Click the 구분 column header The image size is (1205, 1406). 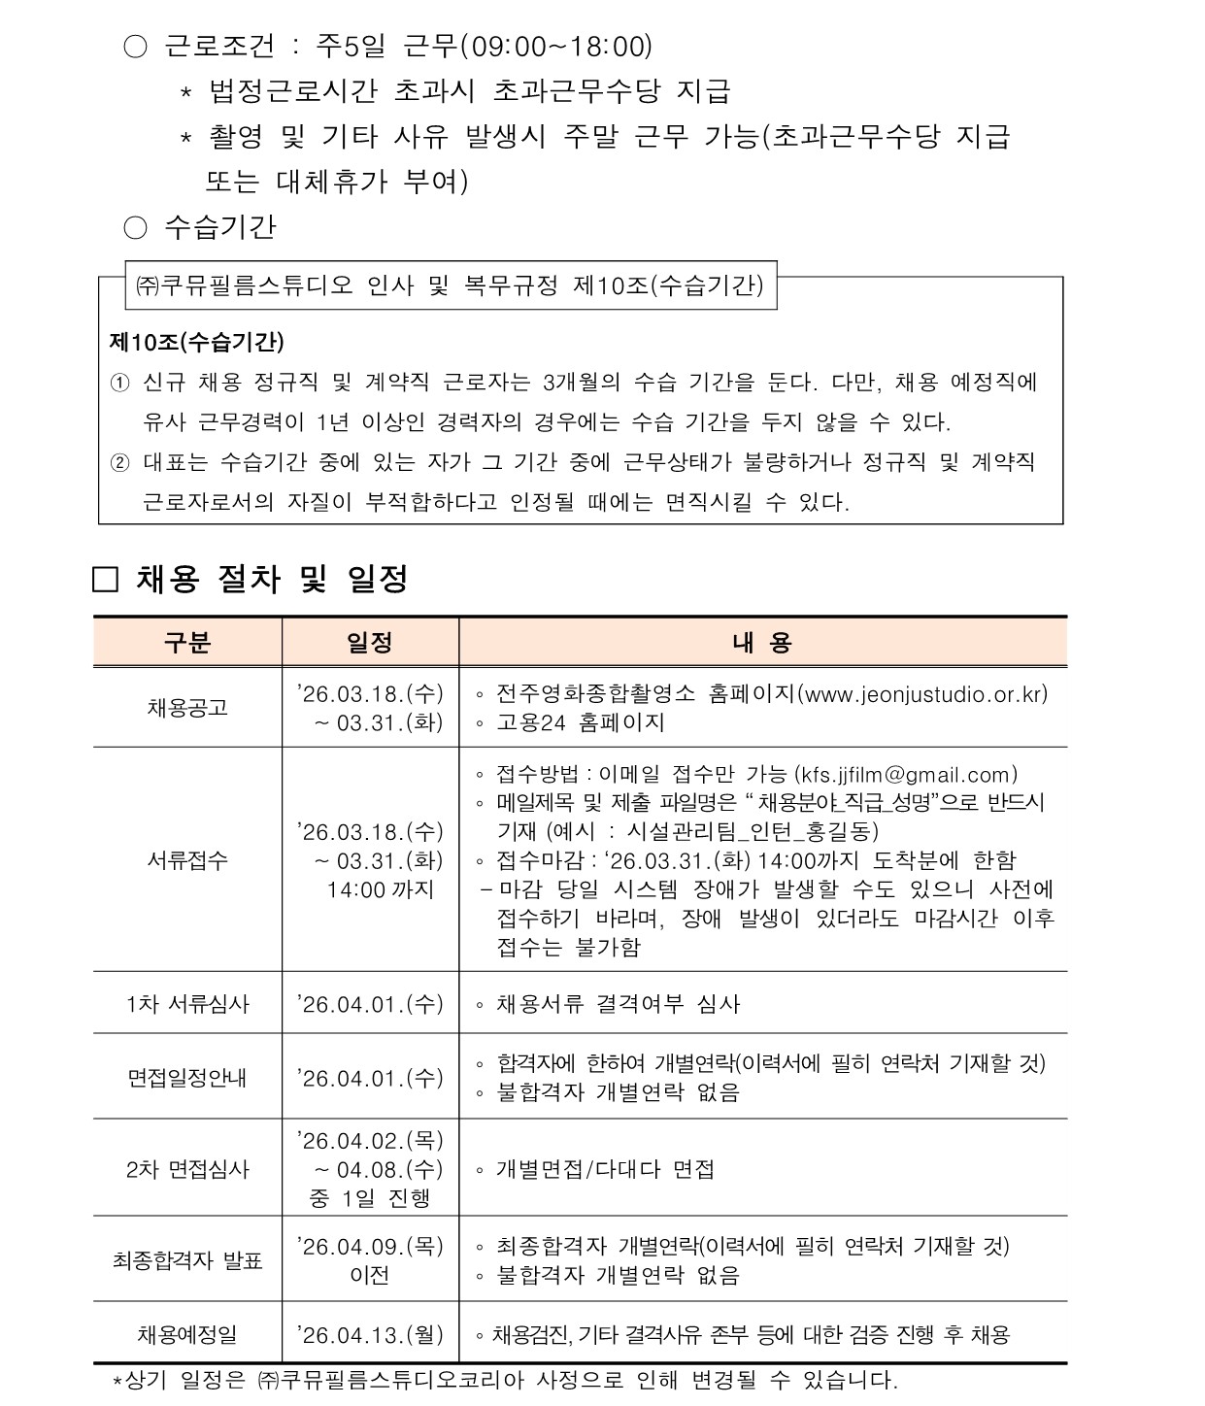(x=187, y=642)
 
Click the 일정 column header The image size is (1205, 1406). (x=369, y=642)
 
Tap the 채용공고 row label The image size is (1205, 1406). (x=187, y=708)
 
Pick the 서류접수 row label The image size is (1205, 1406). (x=187, y=860)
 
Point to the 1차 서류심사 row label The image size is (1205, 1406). (x=187, y=1004)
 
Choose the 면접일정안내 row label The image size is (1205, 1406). (x=187, y=1078)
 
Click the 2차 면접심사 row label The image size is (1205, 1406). (x=187, y=1169)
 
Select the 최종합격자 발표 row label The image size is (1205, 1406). (x=187, y=1260)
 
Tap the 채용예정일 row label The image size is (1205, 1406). (x=187, y=1335)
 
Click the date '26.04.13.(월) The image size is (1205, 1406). (x=370, y=1335)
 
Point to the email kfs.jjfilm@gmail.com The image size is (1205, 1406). (x=905, y=775)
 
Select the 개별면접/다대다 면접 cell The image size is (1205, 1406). (x=605, y=1169)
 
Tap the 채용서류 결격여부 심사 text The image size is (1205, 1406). (x=618, y=1004)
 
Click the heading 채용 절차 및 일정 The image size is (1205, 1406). (x=272, y=580)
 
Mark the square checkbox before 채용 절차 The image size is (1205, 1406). (x=105, y=581)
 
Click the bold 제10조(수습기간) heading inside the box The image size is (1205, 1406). (x=197, y=342)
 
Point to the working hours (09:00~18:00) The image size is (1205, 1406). (x=555, y=46)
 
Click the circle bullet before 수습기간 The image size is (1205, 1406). (x=135, y=227)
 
